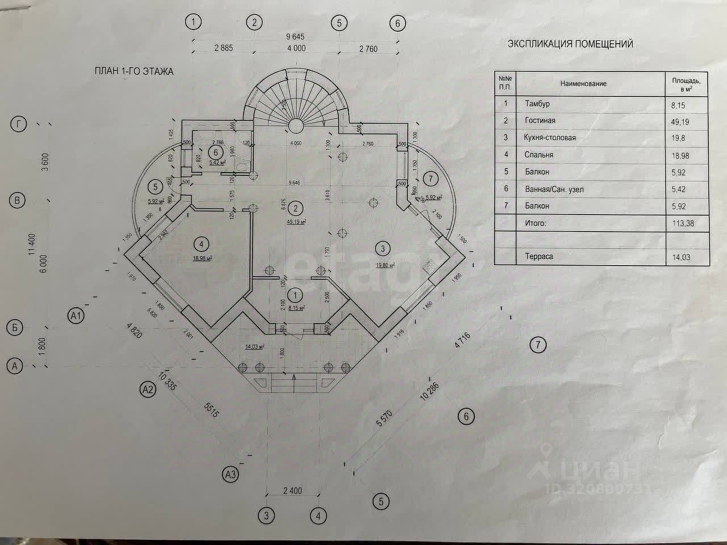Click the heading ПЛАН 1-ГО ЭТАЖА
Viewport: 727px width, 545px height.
pyautogui.click(x=134, y=72)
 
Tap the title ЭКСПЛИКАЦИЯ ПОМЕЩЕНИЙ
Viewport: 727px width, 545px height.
pyautogui.click(x=570, y=44)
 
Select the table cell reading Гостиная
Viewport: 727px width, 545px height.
pyautogui.click(x=540, y=120)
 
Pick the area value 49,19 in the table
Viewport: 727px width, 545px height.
pyautogui.click(x=680, y=121)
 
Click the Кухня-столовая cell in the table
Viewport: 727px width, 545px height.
pyautogui.click(x=549, y=137)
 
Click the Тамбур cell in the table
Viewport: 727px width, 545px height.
pyautogui.click(x=537, y=104)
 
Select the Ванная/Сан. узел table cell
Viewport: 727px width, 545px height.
pyautogui.click(x=558, y=189)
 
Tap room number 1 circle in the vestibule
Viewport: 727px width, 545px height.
pyautogui.click(x=295, y=294)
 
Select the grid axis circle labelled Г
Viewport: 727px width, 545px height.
pyautogui.click(x=20, y=125)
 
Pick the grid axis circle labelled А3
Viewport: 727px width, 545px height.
pyautogui.click(x=230, y=473)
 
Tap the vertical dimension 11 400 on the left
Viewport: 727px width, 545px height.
pyautogui.click(x=32, y=246)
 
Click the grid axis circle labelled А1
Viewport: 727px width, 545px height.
pyautogui.click(x=76, y=315)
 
